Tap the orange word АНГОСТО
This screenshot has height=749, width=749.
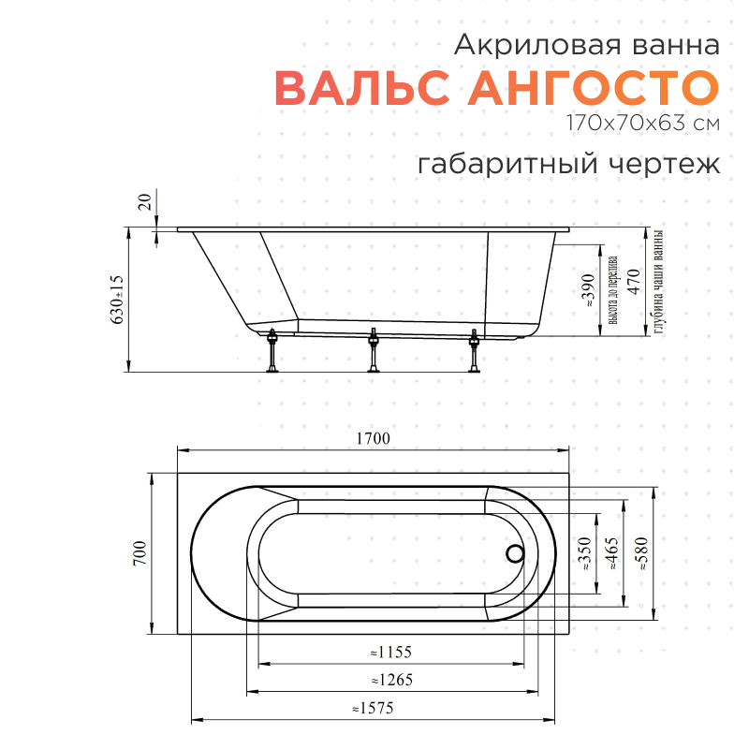[594, 88]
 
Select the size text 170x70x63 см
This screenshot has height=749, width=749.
[641, 123]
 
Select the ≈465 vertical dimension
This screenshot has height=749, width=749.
[612, 554]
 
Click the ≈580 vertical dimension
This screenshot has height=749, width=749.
[641, 554]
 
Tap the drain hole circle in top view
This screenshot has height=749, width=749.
[514, 554]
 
